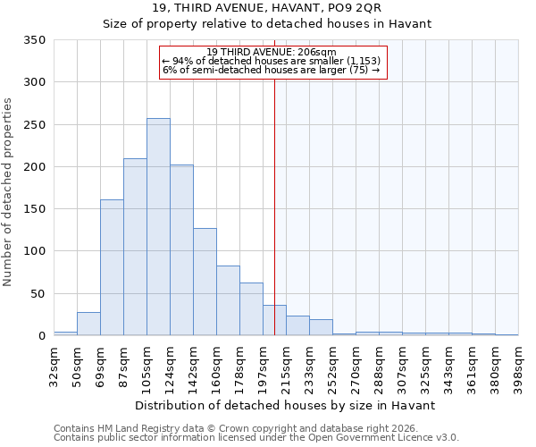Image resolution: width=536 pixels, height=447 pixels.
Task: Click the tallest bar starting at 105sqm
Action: tap(158, 227)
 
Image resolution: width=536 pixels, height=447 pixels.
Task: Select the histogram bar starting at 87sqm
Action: tap(135, 247)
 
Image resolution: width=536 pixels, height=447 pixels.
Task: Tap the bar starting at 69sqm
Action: tap(112, 267)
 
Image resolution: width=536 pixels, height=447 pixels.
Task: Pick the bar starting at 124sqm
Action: tap(181, 250)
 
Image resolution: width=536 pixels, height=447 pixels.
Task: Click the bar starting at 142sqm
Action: tap(205, 282)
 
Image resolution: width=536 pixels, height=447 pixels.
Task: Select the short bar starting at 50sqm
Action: tap(88, 324)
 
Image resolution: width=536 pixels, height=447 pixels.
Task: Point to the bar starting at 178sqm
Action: tap(251, 309)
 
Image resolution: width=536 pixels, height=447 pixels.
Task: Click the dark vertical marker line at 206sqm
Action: tap(274, 197)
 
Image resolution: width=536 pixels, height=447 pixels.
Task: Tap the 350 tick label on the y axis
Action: tap(34, 40)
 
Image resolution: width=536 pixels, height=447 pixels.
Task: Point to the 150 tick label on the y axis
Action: tap(34, 209)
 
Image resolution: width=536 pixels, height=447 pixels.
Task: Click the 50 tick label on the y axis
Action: tap(38, 293)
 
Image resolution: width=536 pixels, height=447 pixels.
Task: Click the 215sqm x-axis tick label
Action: tap(286, 366)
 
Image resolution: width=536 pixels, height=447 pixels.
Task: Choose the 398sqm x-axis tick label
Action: tap(518, 366)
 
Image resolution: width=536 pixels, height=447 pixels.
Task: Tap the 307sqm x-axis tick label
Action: tap(402, 366)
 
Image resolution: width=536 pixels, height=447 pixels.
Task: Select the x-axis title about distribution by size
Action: tap(286, 405)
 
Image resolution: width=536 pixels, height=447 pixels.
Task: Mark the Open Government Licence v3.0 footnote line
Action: tap(256, 437)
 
